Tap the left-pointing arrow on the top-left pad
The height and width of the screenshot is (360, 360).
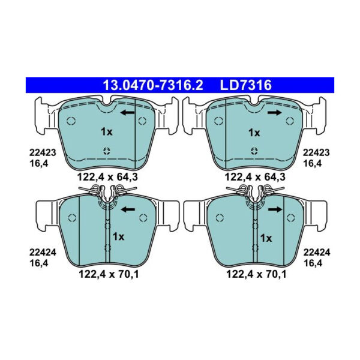(x=127, y=112)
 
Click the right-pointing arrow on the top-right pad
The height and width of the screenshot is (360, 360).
(x=275, y=112)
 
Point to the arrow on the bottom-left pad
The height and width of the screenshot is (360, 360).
(x=127, y=209)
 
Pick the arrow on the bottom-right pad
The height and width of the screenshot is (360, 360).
(x=275, y=209)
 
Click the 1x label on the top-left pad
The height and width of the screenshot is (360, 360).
(x=106, y=131)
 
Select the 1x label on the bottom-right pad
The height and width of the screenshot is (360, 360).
(x=265, y=238)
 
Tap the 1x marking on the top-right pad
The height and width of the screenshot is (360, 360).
(x=254, y=132)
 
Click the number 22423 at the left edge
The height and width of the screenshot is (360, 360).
(x=43, y=153)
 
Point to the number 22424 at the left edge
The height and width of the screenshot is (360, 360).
(x=43, y=253)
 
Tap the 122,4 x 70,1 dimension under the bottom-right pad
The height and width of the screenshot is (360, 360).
(x=254, y=275)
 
